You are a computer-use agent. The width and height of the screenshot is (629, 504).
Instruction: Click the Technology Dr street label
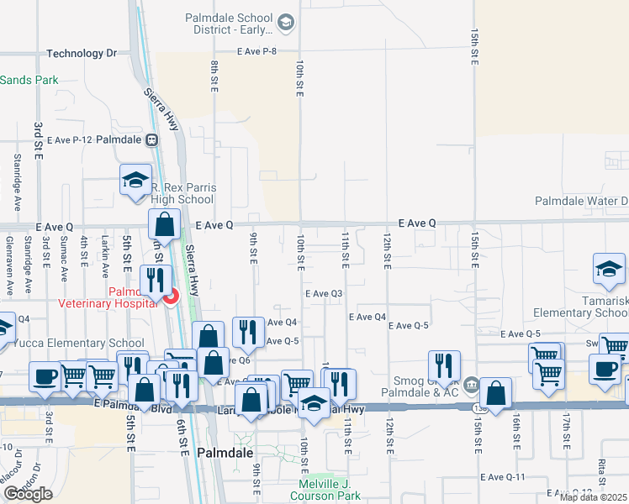click(82, 53)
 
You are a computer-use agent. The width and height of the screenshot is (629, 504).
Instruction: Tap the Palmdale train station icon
click(152, 139)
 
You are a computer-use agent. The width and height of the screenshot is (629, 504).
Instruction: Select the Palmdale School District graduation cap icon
click(285, 23)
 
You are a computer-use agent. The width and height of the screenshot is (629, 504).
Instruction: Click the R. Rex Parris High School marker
click(135, 181)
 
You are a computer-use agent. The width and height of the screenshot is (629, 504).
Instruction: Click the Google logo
click(28, 494)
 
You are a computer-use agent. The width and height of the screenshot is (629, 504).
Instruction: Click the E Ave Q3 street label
click(324, 293)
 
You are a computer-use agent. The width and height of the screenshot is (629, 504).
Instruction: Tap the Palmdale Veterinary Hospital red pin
click(170, 297)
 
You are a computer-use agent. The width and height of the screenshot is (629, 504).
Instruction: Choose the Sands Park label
click(29, 80)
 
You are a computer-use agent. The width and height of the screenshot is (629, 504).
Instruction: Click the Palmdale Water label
click(581, 202)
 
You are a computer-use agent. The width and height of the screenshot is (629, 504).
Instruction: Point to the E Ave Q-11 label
click(503, 477)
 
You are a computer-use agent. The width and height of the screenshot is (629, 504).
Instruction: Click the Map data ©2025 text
click(594, 497)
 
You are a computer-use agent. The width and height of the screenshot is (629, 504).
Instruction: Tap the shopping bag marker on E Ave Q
click(165, 224)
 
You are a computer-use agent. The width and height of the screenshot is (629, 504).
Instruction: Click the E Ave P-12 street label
click(69, 139)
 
